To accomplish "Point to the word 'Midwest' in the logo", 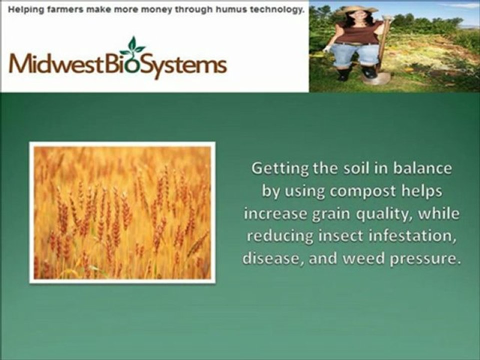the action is (x=56, y=63).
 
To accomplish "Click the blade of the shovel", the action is (x=376, y=78).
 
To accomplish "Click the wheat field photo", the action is (x=122, y=213).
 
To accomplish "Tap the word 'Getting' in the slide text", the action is (x=274, y=169).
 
